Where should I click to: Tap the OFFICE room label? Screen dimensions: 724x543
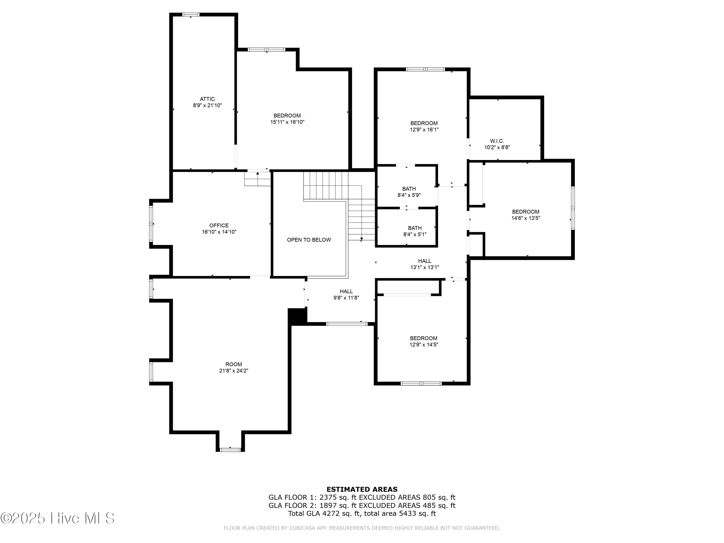pos(219,225)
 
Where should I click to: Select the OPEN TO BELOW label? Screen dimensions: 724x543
pos(309,240)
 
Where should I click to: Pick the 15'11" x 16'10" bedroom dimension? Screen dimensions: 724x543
pos(287,122)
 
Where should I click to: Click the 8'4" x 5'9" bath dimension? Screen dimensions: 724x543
pos(409,195)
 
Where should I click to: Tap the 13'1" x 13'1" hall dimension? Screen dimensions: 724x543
pos(425,267)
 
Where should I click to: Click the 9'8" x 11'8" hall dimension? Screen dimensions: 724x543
pos(346,298)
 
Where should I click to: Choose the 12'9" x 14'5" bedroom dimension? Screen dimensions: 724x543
pos(424,345)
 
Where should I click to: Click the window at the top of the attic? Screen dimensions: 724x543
pos(191,14)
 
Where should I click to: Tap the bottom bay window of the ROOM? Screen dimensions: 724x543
pos(230,450)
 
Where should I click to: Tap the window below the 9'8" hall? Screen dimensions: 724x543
pos(347,324)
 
